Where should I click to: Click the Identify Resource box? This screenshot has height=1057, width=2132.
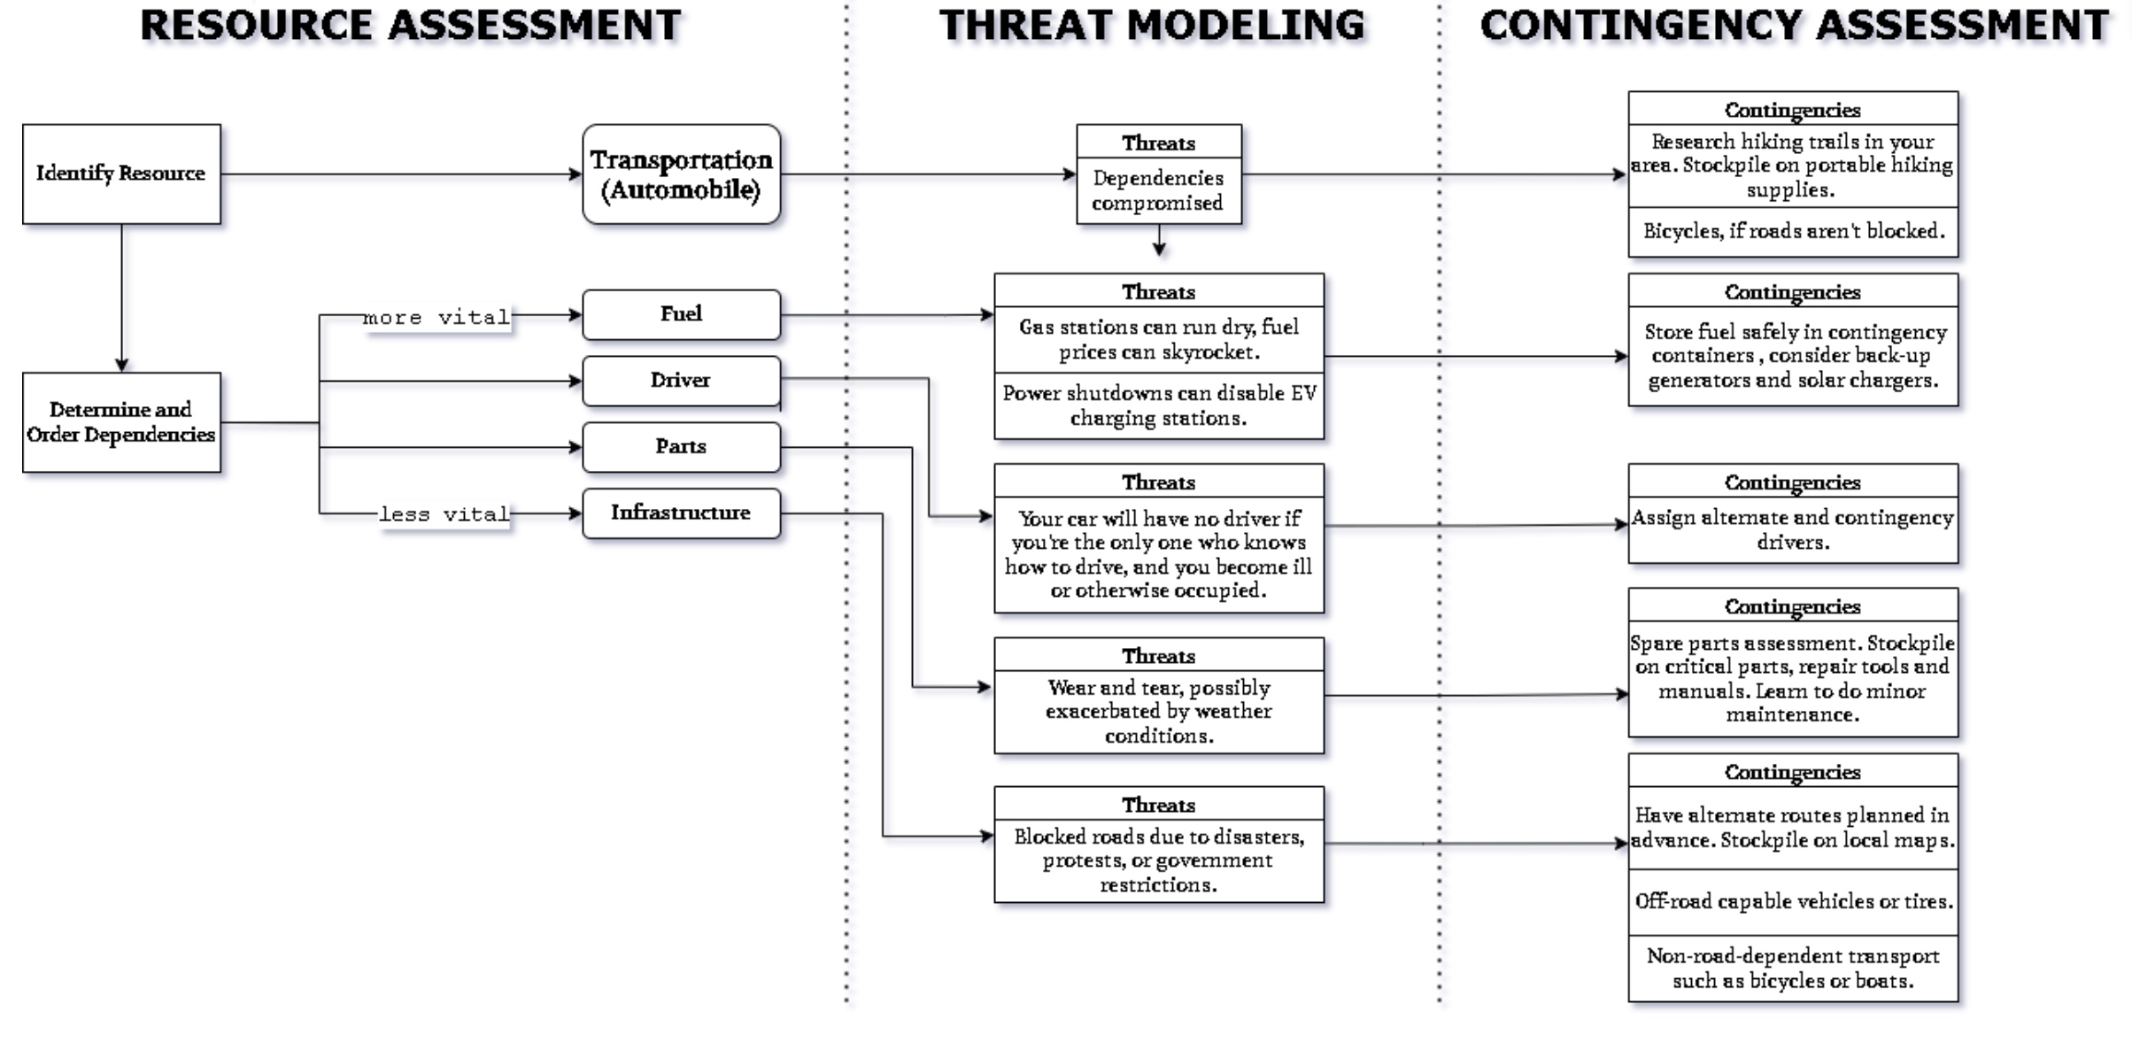121,174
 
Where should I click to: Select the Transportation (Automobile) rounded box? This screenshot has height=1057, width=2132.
681,174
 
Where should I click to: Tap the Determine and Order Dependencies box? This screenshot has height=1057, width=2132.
121,422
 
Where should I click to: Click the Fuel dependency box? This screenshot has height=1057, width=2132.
681,314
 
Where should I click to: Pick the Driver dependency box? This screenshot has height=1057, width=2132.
681,381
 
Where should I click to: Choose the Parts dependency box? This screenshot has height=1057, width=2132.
681,447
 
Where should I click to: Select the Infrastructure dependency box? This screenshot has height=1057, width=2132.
681,513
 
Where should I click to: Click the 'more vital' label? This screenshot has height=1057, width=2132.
436,317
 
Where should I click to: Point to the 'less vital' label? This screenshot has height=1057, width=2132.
444,514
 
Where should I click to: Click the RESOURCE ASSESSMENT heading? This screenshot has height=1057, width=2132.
411,25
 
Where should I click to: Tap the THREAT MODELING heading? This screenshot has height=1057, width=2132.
1152,25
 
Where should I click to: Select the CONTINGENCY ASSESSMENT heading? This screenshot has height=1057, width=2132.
1794,25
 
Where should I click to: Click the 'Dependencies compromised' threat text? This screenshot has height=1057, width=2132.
1158,190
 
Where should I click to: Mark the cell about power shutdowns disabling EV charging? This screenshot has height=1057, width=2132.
1158,405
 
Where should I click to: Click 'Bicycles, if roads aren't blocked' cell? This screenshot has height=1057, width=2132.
1793,232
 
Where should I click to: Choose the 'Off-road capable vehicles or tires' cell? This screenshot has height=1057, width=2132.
1793,901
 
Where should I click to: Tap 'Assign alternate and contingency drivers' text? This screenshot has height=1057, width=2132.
1793,529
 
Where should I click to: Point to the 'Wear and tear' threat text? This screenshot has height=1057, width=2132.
1158,712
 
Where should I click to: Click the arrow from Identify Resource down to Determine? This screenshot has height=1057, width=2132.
121,297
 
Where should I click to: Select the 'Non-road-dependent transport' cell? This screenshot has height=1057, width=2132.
1793,968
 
